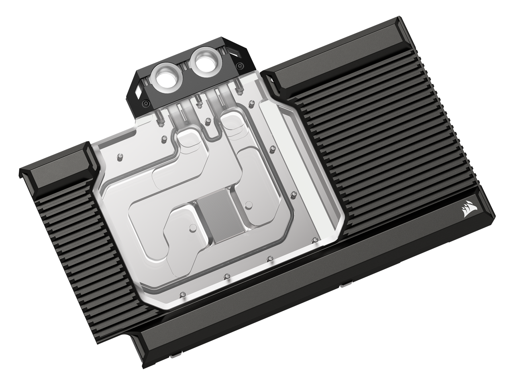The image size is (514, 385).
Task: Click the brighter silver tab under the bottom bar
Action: (x=345, y=286)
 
